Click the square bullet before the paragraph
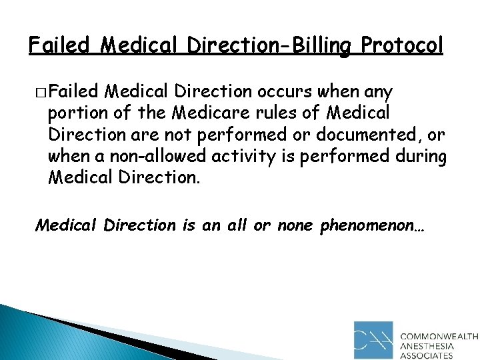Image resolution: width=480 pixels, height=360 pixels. click(41, 91)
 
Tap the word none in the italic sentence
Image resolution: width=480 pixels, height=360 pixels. click(297, 225)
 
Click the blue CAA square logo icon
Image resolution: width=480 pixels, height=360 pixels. click(374, 340)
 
